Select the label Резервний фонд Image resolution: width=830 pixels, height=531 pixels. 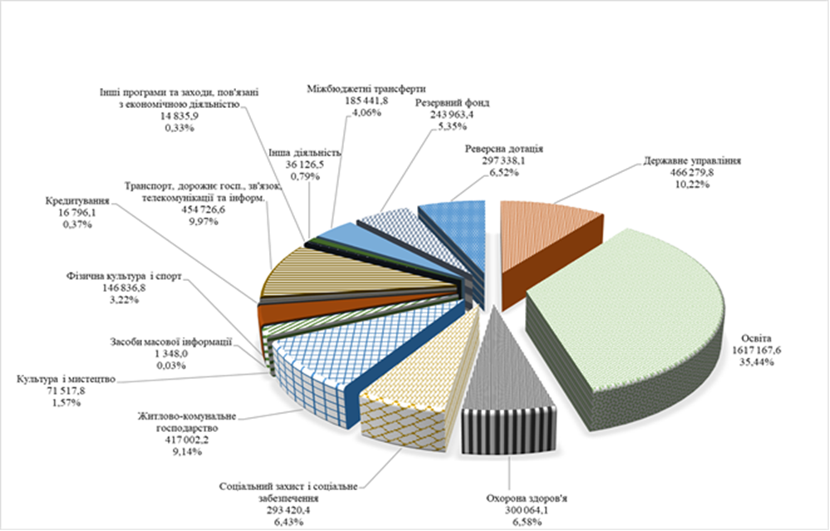[x=453, y=104]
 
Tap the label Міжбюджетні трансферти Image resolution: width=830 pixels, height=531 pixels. [x=366, y=87]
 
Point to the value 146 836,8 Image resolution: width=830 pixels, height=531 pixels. [x=123, y=285]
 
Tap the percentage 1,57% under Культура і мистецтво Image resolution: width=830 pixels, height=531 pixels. [x=64, y=403]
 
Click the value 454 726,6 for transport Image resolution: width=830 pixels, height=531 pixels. [x=199, y=213]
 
